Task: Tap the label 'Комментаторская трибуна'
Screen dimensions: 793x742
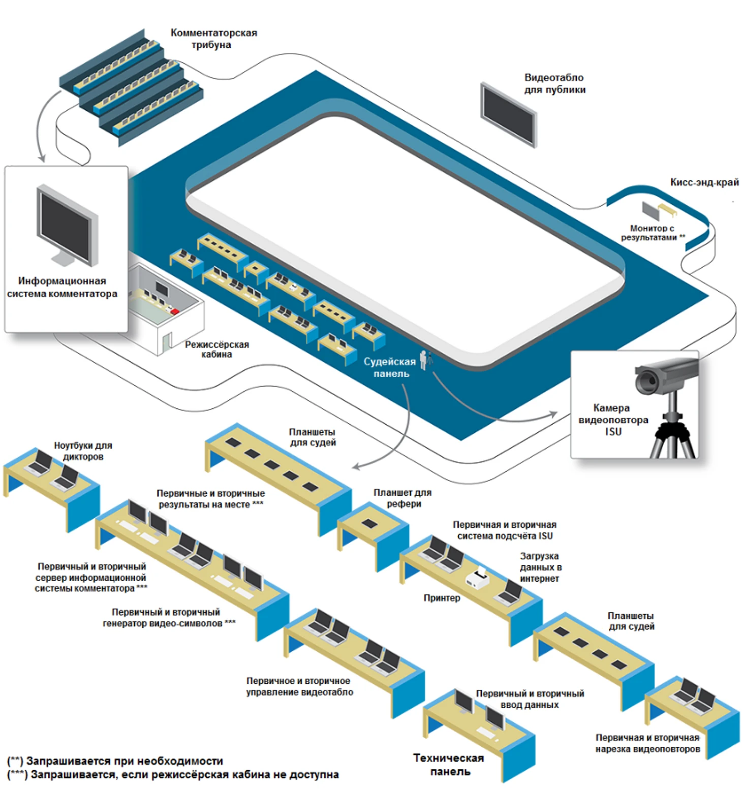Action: (x=213, y=39)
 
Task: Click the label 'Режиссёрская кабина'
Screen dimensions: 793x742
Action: (x=217, y=349)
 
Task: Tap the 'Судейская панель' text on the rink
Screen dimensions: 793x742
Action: (x=390, y=367)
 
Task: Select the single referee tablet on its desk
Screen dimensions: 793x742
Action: (x=369, y=523)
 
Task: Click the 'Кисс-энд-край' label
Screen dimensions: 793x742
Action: (x=704, y=182)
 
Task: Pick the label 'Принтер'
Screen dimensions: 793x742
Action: (x=442, y=598)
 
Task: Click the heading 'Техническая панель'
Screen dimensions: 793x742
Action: (x=449, y=765)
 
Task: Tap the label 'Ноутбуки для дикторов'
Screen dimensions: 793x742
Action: (x=83, y=451)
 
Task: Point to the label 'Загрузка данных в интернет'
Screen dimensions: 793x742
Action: (x=540, y=567)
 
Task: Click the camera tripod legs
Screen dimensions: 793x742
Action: (x=673, y=439)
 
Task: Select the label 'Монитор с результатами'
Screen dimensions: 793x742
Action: (x=652, y=233)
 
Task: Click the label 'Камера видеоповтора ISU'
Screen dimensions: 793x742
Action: (x=613, y=420)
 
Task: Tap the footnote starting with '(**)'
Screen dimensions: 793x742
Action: (x=115, y=761)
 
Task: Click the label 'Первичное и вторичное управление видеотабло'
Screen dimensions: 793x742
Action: (x=299, y=686)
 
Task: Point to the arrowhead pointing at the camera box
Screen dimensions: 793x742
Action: (x=554, y=415)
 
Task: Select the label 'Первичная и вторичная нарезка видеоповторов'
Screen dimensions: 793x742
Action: (x=647, y=743)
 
